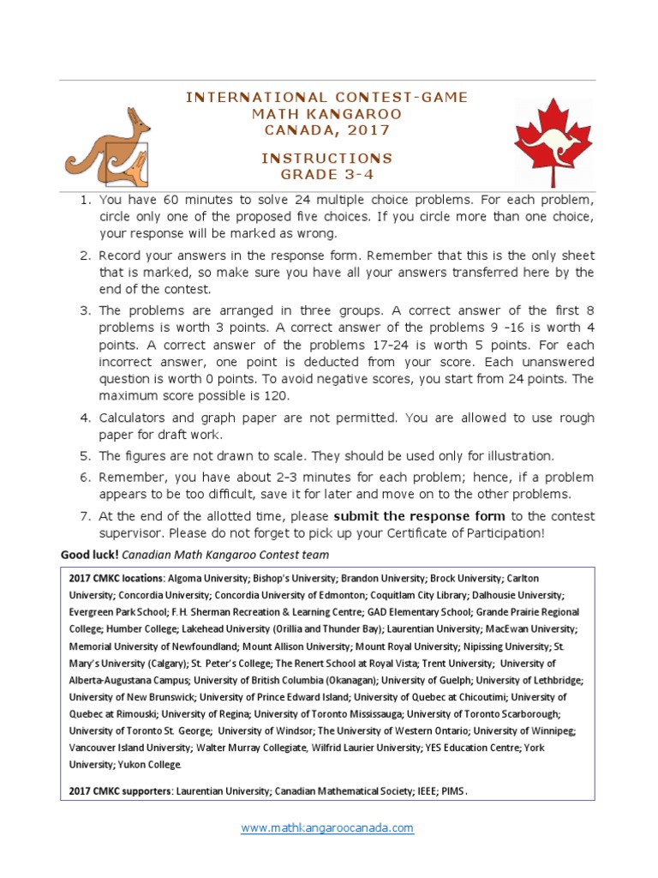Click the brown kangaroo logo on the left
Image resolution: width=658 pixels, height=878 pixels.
click(x=108, y=145)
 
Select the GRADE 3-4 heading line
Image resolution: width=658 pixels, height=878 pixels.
click(x=327, y=176)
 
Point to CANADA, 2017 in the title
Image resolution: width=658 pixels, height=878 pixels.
click(x=327, y=130)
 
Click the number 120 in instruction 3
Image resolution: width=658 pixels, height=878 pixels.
click(x=278, y=397)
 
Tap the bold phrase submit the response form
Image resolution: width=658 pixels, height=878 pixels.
click(x=420, y=516)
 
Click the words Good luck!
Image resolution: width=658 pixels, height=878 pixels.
click(x=88, y=555)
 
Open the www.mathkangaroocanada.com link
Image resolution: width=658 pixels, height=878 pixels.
click(x=327, y=828)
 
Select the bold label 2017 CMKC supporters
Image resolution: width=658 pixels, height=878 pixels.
click(x=119, y=792)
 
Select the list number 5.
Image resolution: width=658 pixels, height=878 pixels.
click(x=85, y=456)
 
